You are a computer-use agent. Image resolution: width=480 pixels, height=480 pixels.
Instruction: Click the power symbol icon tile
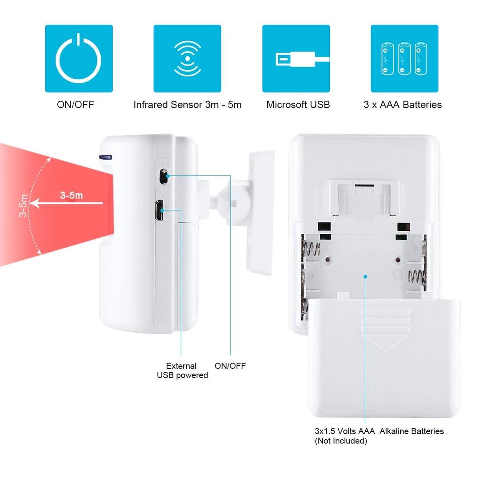click(x=79, y=59)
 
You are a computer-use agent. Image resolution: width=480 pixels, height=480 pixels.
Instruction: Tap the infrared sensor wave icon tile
click(x=188, y=59)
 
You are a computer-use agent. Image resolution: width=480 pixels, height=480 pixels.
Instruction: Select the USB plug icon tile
click(x=296, y=59)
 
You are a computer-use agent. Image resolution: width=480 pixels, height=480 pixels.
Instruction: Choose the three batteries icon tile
click(x=404, y=59)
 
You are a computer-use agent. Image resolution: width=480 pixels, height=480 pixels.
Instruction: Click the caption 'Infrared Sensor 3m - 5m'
click(x=188, y=105)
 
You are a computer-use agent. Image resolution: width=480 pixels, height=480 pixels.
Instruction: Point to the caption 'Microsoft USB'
click(x=298, y=105)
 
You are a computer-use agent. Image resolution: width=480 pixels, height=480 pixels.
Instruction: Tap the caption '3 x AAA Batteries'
click(x=403, y=105)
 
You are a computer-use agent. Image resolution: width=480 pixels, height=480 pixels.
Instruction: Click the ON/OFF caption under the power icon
click(x=75, y=105)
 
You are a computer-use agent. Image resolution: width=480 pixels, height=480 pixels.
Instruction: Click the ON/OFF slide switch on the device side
click(x=164, y=176)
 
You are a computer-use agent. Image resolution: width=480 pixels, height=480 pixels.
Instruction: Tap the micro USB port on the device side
click(x=159, y=210)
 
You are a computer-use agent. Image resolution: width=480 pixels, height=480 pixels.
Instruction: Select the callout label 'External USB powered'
click(x=182, y=370)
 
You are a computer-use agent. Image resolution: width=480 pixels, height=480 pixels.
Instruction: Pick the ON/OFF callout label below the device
click(x=230, y=366)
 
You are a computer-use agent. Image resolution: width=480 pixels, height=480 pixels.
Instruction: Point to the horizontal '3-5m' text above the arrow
click(x=71, y=195)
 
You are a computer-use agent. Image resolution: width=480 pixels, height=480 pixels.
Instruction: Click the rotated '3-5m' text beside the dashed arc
click(x=23, y=205)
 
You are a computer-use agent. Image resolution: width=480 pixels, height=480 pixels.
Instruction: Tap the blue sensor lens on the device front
click(x=105, y=157)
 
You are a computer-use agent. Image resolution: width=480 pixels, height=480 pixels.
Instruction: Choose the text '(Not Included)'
click(x=341, y=441)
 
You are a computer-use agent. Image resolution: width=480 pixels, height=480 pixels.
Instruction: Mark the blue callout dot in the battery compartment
click(x=365, y=276)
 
